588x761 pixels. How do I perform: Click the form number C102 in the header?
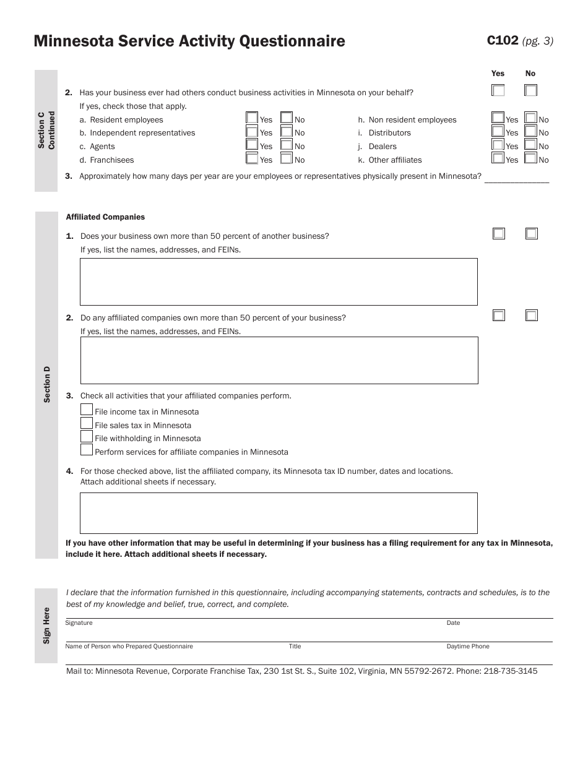pos(502,41)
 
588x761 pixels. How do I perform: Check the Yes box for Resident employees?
pos(252,118)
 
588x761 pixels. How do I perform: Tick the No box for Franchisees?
pos(286,158)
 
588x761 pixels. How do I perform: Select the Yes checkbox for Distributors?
pos(498,131)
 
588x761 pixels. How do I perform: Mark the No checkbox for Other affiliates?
pos(530,158)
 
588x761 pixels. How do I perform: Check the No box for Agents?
pos(286,145)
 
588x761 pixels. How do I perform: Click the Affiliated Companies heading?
pos(105,217)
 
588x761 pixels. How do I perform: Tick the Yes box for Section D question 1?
pos(499,233)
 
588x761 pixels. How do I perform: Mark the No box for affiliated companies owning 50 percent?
pos(532,316)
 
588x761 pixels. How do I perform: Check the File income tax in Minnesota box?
pos(87,410)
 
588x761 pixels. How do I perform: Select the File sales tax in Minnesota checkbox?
pos(87,423)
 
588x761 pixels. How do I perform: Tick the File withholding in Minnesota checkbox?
pos(87,436)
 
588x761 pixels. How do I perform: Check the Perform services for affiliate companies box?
pos(87,450)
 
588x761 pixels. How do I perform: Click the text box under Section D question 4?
pos(279,513)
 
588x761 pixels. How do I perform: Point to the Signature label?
pos(79,623)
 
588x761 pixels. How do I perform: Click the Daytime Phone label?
pos(467,647)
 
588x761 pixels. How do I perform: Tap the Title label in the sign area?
pos(295,647)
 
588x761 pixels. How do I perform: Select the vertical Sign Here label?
pos(46,626)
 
